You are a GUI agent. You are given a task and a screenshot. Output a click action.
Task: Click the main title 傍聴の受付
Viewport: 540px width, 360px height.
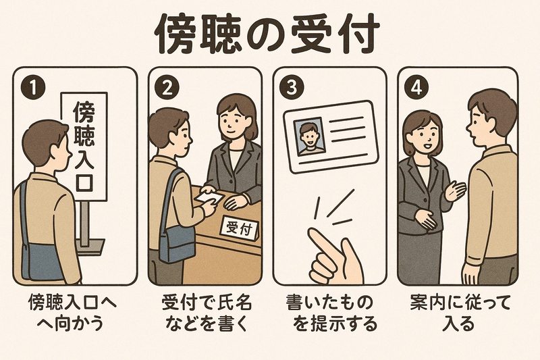[267, 34]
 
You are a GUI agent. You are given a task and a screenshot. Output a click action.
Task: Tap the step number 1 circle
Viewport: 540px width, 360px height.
[33, 88]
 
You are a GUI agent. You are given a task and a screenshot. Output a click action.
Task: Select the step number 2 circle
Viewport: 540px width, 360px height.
[167, 88]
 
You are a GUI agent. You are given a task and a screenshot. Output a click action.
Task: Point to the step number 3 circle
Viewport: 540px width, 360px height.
[292, 88]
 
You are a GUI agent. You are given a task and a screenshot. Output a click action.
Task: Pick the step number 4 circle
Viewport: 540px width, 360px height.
[416, 88]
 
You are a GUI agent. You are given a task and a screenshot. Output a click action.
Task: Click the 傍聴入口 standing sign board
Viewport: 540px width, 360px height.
[84, 147]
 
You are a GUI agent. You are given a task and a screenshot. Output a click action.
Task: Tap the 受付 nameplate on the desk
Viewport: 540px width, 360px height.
[239, 228]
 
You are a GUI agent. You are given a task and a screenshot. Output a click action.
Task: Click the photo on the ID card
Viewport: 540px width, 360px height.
[309, 136]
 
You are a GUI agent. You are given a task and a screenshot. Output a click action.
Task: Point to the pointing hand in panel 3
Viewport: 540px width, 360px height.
[335, 256]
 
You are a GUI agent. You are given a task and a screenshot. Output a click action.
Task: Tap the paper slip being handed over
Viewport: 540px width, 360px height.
[209, 197]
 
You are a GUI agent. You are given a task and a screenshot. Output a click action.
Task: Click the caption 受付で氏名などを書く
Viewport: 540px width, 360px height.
[207, 313]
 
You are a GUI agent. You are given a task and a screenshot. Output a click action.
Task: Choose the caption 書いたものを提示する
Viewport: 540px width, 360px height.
[331, 313]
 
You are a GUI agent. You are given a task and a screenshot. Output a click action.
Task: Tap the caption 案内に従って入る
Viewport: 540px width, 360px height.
[460, 313]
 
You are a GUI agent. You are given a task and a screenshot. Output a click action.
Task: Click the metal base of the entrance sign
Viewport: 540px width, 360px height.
[90, 247]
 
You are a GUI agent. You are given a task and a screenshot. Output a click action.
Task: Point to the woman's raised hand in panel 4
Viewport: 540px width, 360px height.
[455, 190]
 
